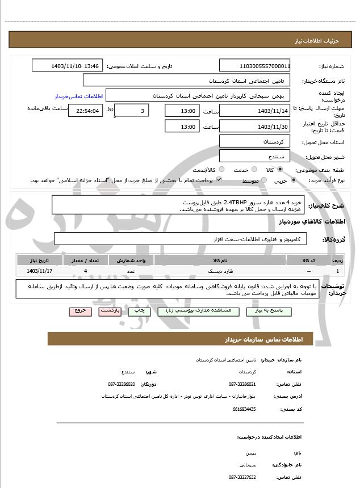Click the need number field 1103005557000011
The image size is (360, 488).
(x=255, y=66)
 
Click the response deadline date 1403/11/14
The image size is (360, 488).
(x=255, y=111)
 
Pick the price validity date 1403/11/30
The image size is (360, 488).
(x=255, y=126)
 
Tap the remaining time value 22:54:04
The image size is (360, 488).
(x=85, y=111)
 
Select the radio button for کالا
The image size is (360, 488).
(x=279, y=170)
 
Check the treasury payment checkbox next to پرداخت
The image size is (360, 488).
(x=219, y=180)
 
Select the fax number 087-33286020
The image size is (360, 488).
(x=122, y=384)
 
